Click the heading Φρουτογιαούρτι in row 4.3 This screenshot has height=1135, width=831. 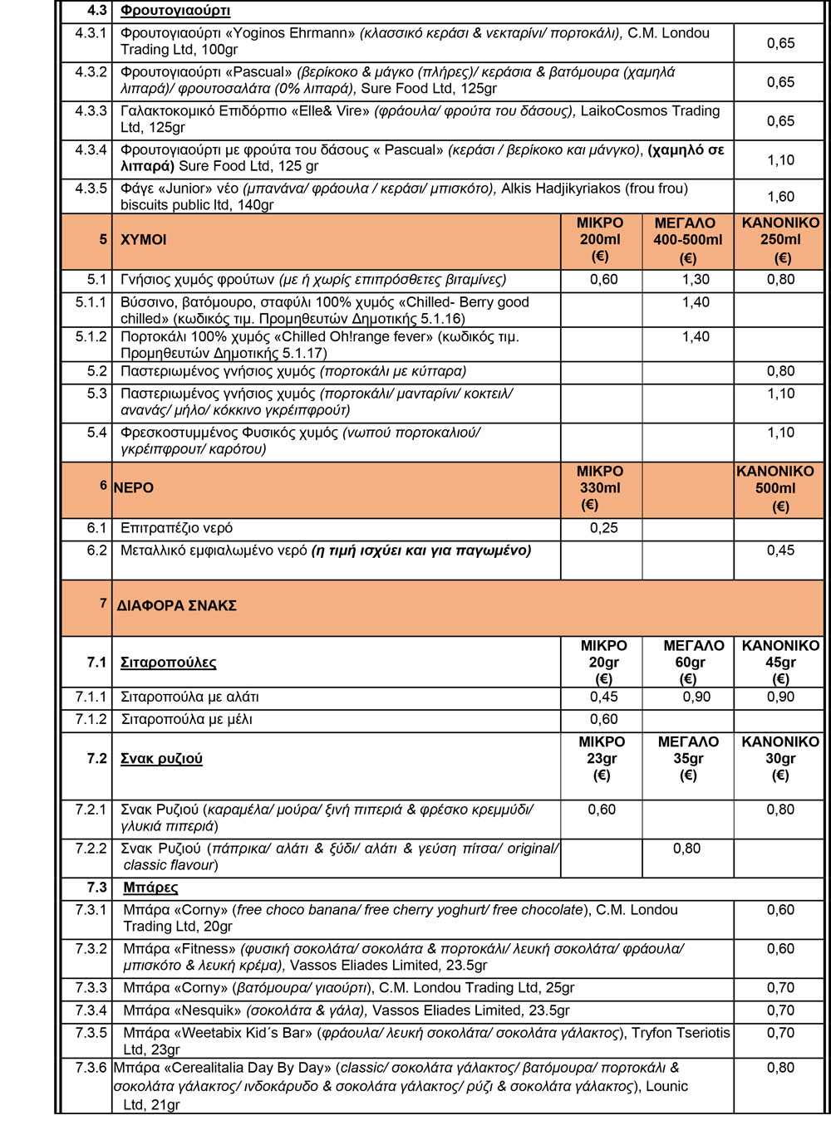[175, 11]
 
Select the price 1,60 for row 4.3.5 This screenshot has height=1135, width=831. [780, 197]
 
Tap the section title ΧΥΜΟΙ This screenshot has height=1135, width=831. [144, 240]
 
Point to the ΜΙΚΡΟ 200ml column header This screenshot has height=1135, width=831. [600, 239]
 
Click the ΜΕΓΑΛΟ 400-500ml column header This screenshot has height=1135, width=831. [687, 239]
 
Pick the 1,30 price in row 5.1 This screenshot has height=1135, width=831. [696, 280]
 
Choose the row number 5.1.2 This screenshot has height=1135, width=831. [91, 337]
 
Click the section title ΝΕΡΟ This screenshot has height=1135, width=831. [134, 488]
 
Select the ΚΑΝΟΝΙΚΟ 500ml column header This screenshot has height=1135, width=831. [775, 488]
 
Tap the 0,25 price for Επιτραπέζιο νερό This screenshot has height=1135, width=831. [604, 528]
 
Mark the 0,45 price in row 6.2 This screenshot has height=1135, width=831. [780, 550]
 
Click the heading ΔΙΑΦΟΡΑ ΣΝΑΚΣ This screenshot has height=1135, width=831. [177, 606]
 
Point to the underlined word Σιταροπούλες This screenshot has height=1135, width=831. [169, 663]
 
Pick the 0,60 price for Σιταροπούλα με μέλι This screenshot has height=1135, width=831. [604, 719]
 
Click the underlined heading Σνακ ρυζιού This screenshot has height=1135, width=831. [161, 759]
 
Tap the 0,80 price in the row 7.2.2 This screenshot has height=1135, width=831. [687, 849]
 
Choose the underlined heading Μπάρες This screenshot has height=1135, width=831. [150, 888]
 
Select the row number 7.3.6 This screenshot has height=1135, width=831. [91, 1068]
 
